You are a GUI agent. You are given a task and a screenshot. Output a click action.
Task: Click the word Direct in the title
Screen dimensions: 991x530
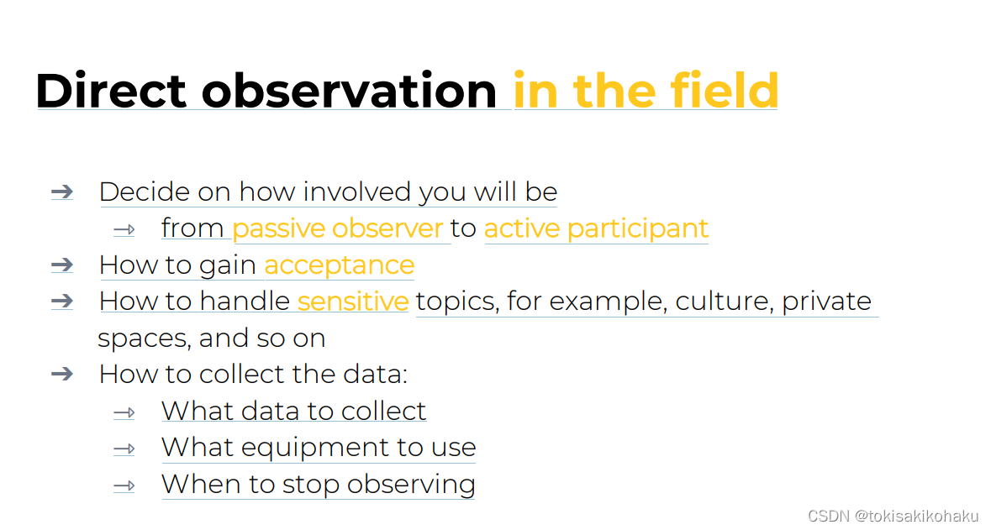pyautogui.click(x=111, y=91)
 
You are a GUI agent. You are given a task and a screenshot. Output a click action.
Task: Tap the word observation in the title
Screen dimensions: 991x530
pyautogui.click(x=349, y=91)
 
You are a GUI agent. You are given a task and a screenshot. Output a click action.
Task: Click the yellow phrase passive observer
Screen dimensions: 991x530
pyautogui.click(x=338, y=228)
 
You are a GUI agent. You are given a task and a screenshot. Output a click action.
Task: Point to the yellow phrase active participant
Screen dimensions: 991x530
pyautogui.click(x=596, y=228)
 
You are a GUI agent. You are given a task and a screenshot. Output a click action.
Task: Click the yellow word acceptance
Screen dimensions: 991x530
pyautogui.click(x=340, y=266)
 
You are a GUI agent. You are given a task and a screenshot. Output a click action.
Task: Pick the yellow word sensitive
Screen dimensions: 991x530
pyautogui.click(x=353, y=301)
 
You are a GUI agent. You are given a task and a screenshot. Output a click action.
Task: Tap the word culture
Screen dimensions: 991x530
pyautogui.click(x=725, y=302)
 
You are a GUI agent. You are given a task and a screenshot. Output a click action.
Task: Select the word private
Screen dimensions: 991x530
pyautogui.click(x=826, y=302)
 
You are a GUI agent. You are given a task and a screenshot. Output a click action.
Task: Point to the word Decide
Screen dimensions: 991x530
pyautogui.click(x=144, y=192)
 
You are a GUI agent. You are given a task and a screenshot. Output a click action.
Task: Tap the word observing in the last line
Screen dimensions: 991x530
pyautogui.click(x=411, y=485)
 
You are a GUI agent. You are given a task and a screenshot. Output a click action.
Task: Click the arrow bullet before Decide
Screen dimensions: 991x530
pyautogui.click(x=62, y=192)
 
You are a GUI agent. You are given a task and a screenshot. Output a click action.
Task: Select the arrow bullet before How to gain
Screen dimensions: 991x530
pyautogui.click(x=62, y=265)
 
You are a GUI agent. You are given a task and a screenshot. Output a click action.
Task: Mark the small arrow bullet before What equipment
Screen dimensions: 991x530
pyautogui.click(x=124, y=449)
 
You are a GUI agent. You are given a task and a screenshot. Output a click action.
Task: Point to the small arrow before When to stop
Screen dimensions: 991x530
pyautogui.click(x=124, y=485)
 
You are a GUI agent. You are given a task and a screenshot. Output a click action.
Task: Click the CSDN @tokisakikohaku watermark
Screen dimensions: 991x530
pyautogui.click(x=893, y=516)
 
